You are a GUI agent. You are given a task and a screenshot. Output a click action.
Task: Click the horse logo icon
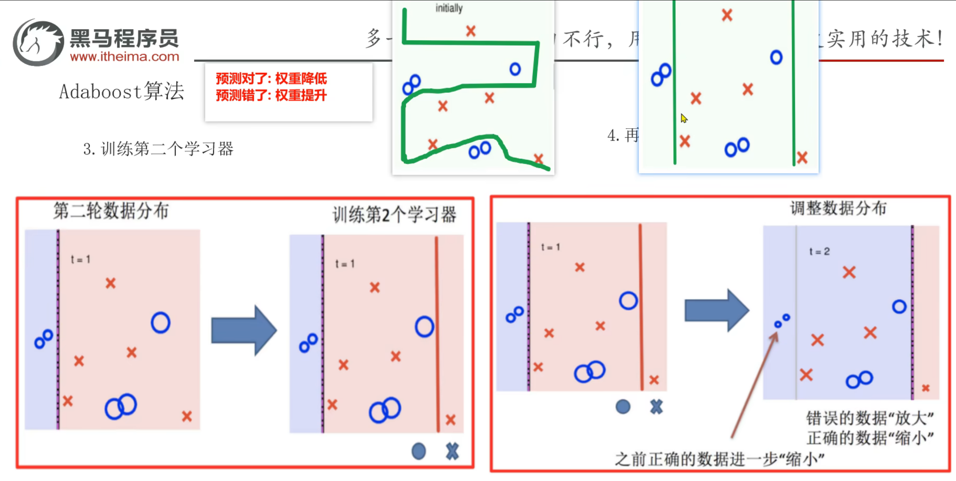38,42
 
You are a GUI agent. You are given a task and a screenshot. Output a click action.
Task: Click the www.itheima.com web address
124,57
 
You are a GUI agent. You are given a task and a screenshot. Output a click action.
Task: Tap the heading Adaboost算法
121,91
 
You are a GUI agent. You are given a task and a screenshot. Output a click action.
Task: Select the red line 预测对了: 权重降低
271,79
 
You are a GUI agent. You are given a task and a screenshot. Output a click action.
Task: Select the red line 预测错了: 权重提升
271,95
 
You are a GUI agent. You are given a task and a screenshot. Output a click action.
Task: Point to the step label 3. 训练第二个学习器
158,149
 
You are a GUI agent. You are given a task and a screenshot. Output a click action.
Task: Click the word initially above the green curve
449,8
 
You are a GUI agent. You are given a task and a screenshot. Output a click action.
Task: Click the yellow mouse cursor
684,118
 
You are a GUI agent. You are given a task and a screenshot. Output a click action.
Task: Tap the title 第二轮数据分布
111,211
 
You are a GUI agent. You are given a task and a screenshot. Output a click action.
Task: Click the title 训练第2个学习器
394,215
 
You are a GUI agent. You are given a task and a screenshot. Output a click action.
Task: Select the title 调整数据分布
838,208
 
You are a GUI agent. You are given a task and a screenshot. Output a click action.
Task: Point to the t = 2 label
819,251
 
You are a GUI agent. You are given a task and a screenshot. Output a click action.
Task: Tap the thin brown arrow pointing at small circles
754,385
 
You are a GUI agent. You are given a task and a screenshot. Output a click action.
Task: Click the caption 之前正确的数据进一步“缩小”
719,459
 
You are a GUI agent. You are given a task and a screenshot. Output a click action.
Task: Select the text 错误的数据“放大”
870,418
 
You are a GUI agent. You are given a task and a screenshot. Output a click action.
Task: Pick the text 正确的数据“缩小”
870,438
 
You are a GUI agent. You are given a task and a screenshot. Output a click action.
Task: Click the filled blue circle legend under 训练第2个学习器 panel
418,451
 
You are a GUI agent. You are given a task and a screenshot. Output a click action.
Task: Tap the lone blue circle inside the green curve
515,69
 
